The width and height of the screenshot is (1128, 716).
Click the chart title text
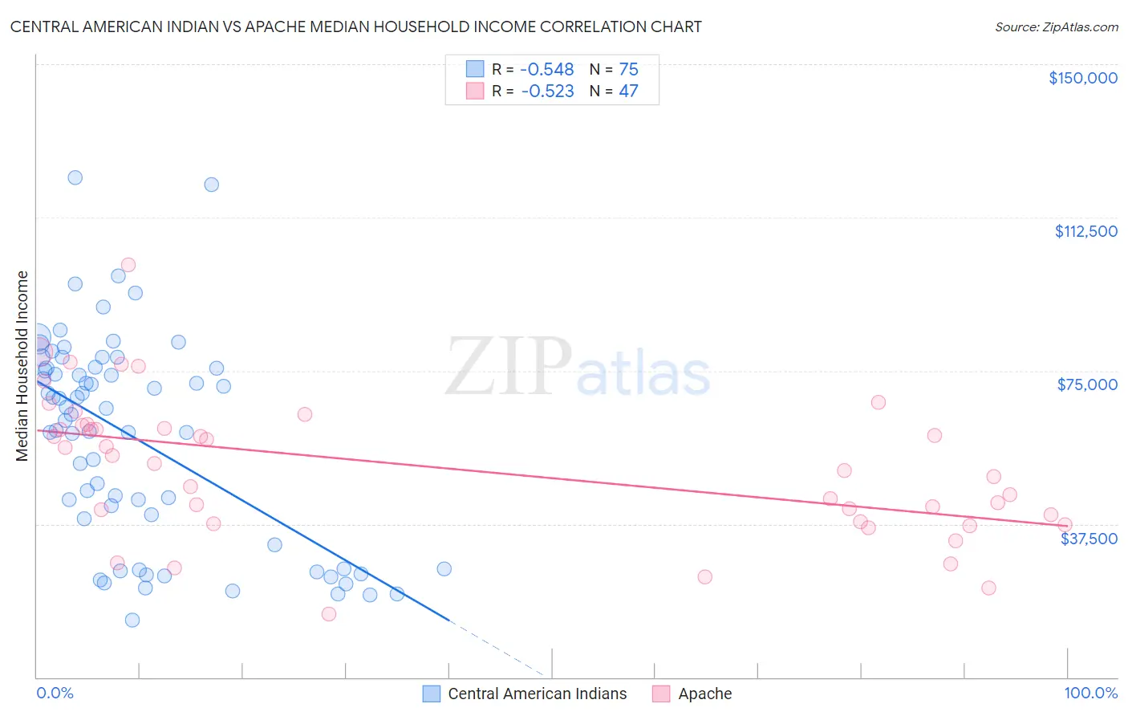[x=355, y=26]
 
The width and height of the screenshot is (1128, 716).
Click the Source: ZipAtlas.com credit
[x=1056, y=26]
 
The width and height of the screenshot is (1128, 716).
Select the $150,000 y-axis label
[x=1082, y=78]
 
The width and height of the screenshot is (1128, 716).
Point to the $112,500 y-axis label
[x=1085, y=231]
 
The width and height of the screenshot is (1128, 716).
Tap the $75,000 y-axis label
[x=1087, y=384]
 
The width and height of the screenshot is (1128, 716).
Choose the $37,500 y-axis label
[x=1089, y=539]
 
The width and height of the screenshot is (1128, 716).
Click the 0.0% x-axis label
[x=55, y=693]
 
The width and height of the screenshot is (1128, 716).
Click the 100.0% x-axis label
[x=1090, y=693]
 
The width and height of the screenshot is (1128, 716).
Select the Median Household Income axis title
[x=22, y=366]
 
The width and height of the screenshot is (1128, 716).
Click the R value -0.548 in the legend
[x=547, y=69]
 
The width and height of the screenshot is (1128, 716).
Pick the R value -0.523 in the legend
[x=547, y=92]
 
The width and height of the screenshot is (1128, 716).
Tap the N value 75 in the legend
[x=628, y=69]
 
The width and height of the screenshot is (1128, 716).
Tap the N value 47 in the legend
[x=628, y=92]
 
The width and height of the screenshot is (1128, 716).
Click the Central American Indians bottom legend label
[x=537, y=694]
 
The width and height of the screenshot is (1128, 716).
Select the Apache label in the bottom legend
[x=704, y=694]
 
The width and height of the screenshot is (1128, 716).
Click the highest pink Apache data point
[x=128, y=265]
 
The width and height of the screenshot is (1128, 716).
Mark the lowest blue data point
[x=132, y=620]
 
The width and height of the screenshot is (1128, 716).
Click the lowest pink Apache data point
[x=328, y=614]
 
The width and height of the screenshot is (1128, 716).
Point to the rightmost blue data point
[x=444, y=569]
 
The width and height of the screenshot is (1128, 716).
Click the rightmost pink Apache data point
[x=1065, y=525]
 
